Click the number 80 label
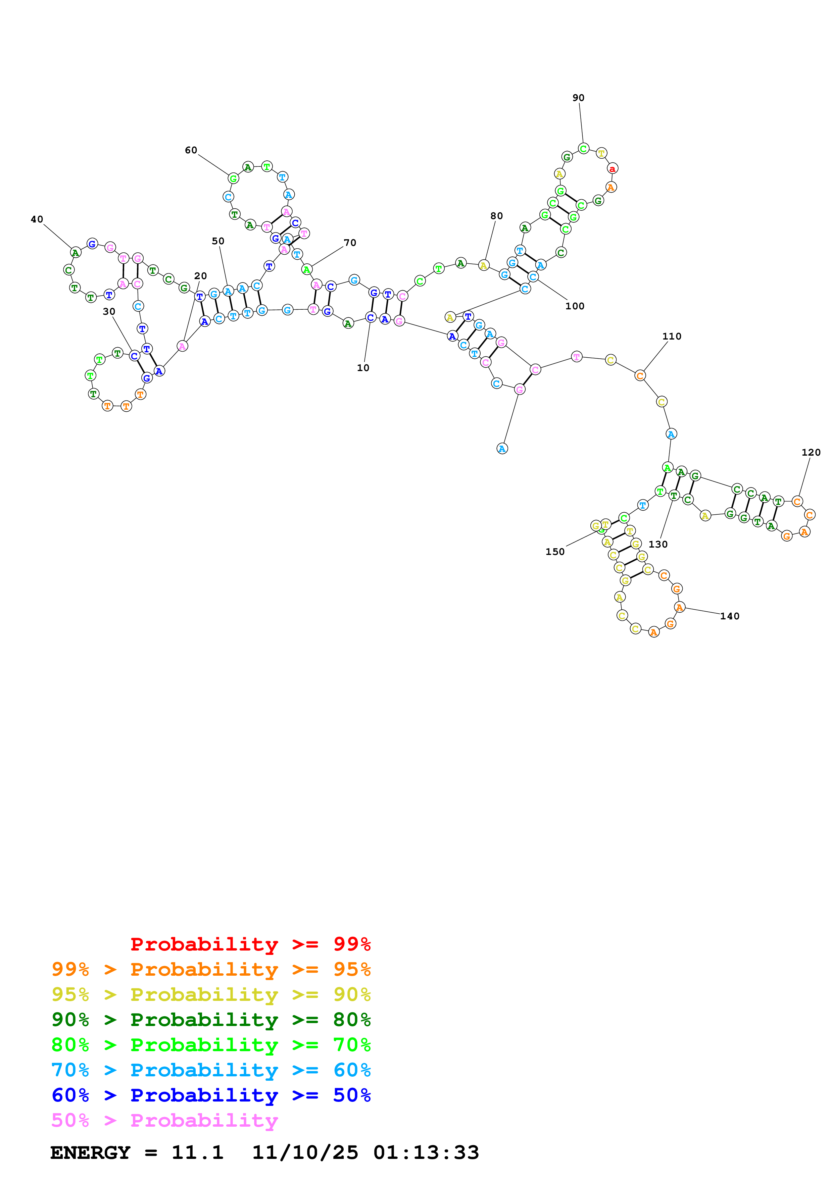click(x=496, y=216)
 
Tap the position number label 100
click(x=575, y=306)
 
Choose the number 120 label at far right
click(x=811, y=452)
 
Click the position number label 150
click(x=555, y=552)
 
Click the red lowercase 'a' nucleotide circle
click(x=612, y=168)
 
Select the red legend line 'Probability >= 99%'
click(x=250, y=944)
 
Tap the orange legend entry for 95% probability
click(x=211, y=969)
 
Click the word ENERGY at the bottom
click(x=90, y=1153)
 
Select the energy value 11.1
click(x=197, y=1153)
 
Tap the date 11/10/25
click(x=305, y=1153)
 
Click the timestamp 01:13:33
click(x=426, y=1153)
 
